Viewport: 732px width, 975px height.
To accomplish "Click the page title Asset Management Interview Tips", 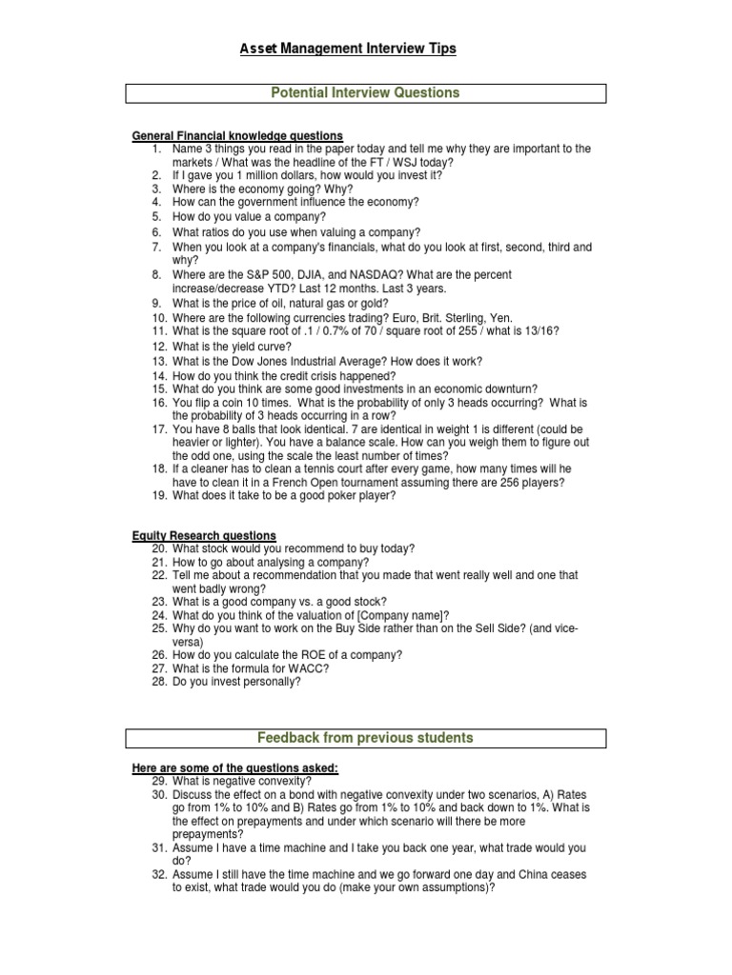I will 347,49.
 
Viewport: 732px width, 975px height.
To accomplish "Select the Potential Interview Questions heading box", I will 366,93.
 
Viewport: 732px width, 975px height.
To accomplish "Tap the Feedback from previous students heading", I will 366,738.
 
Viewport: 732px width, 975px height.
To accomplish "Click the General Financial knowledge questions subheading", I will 237,135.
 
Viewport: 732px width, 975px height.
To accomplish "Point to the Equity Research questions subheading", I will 204,536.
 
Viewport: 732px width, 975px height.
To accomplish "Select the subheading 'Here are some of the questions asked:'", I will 234,768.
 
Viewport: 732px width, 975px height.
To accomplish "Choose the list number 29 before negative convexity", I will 159,781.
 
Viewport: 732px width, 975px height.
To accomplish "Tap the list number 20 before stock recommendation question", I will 159,548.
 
